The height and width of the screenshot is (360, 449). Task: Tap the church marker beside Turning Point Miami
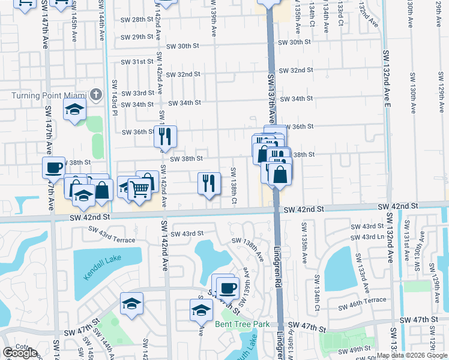pos(95,95)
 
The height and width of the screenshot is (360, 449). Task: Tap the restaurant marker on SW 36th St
pos(165,136)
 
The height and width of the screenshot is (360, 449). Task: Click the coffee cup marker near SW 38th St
pos(54,167)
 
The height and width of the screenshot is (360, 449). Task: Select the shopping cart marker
pos(140,189)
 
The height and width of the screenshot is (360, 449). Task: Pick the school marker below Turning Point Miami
pos(76,109)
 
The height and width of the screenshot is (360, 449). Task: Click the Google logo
pos(20,353)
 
